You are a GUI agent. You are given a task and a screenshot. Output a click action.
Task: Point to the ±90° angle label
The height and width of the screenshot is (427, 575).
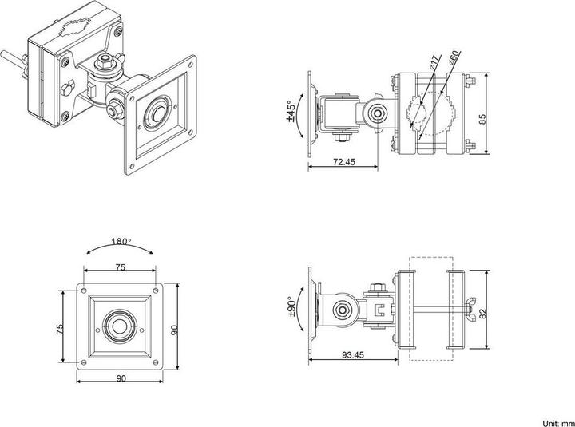291,306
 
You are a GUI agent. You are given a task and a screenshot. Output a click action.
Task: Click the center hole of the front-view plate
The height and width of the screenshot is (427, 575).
120,327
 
